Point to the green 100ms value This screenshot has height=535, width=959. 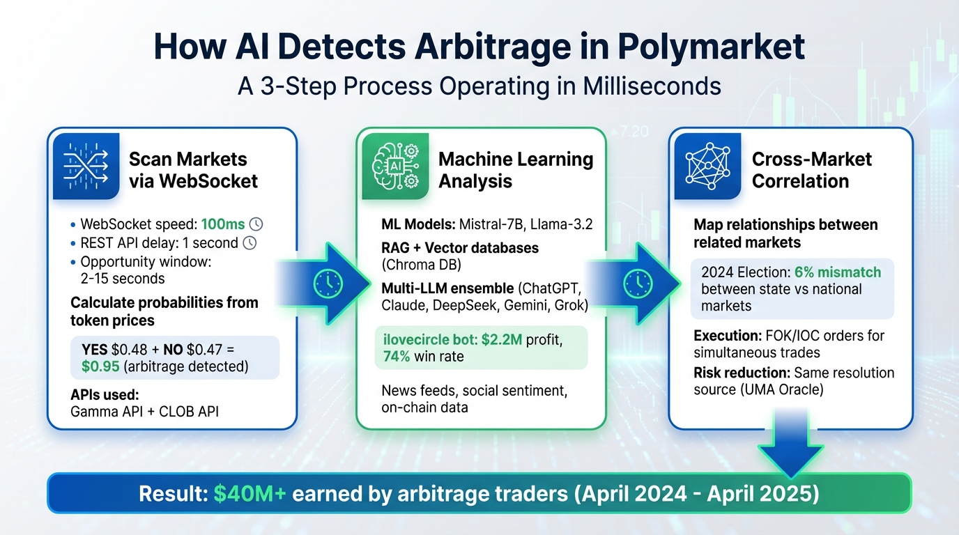223,224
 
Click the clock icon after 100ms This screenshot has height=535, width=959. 256,224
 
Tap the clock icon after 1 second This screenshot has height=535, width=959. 250,244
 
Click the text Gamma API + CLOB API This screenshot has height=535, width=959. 144,412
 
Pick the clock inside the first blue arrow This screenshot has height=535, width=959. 327,281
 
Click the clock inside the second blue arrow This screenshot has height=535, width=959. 638,281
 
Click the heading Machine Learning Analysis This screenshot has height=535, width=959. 516,170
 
